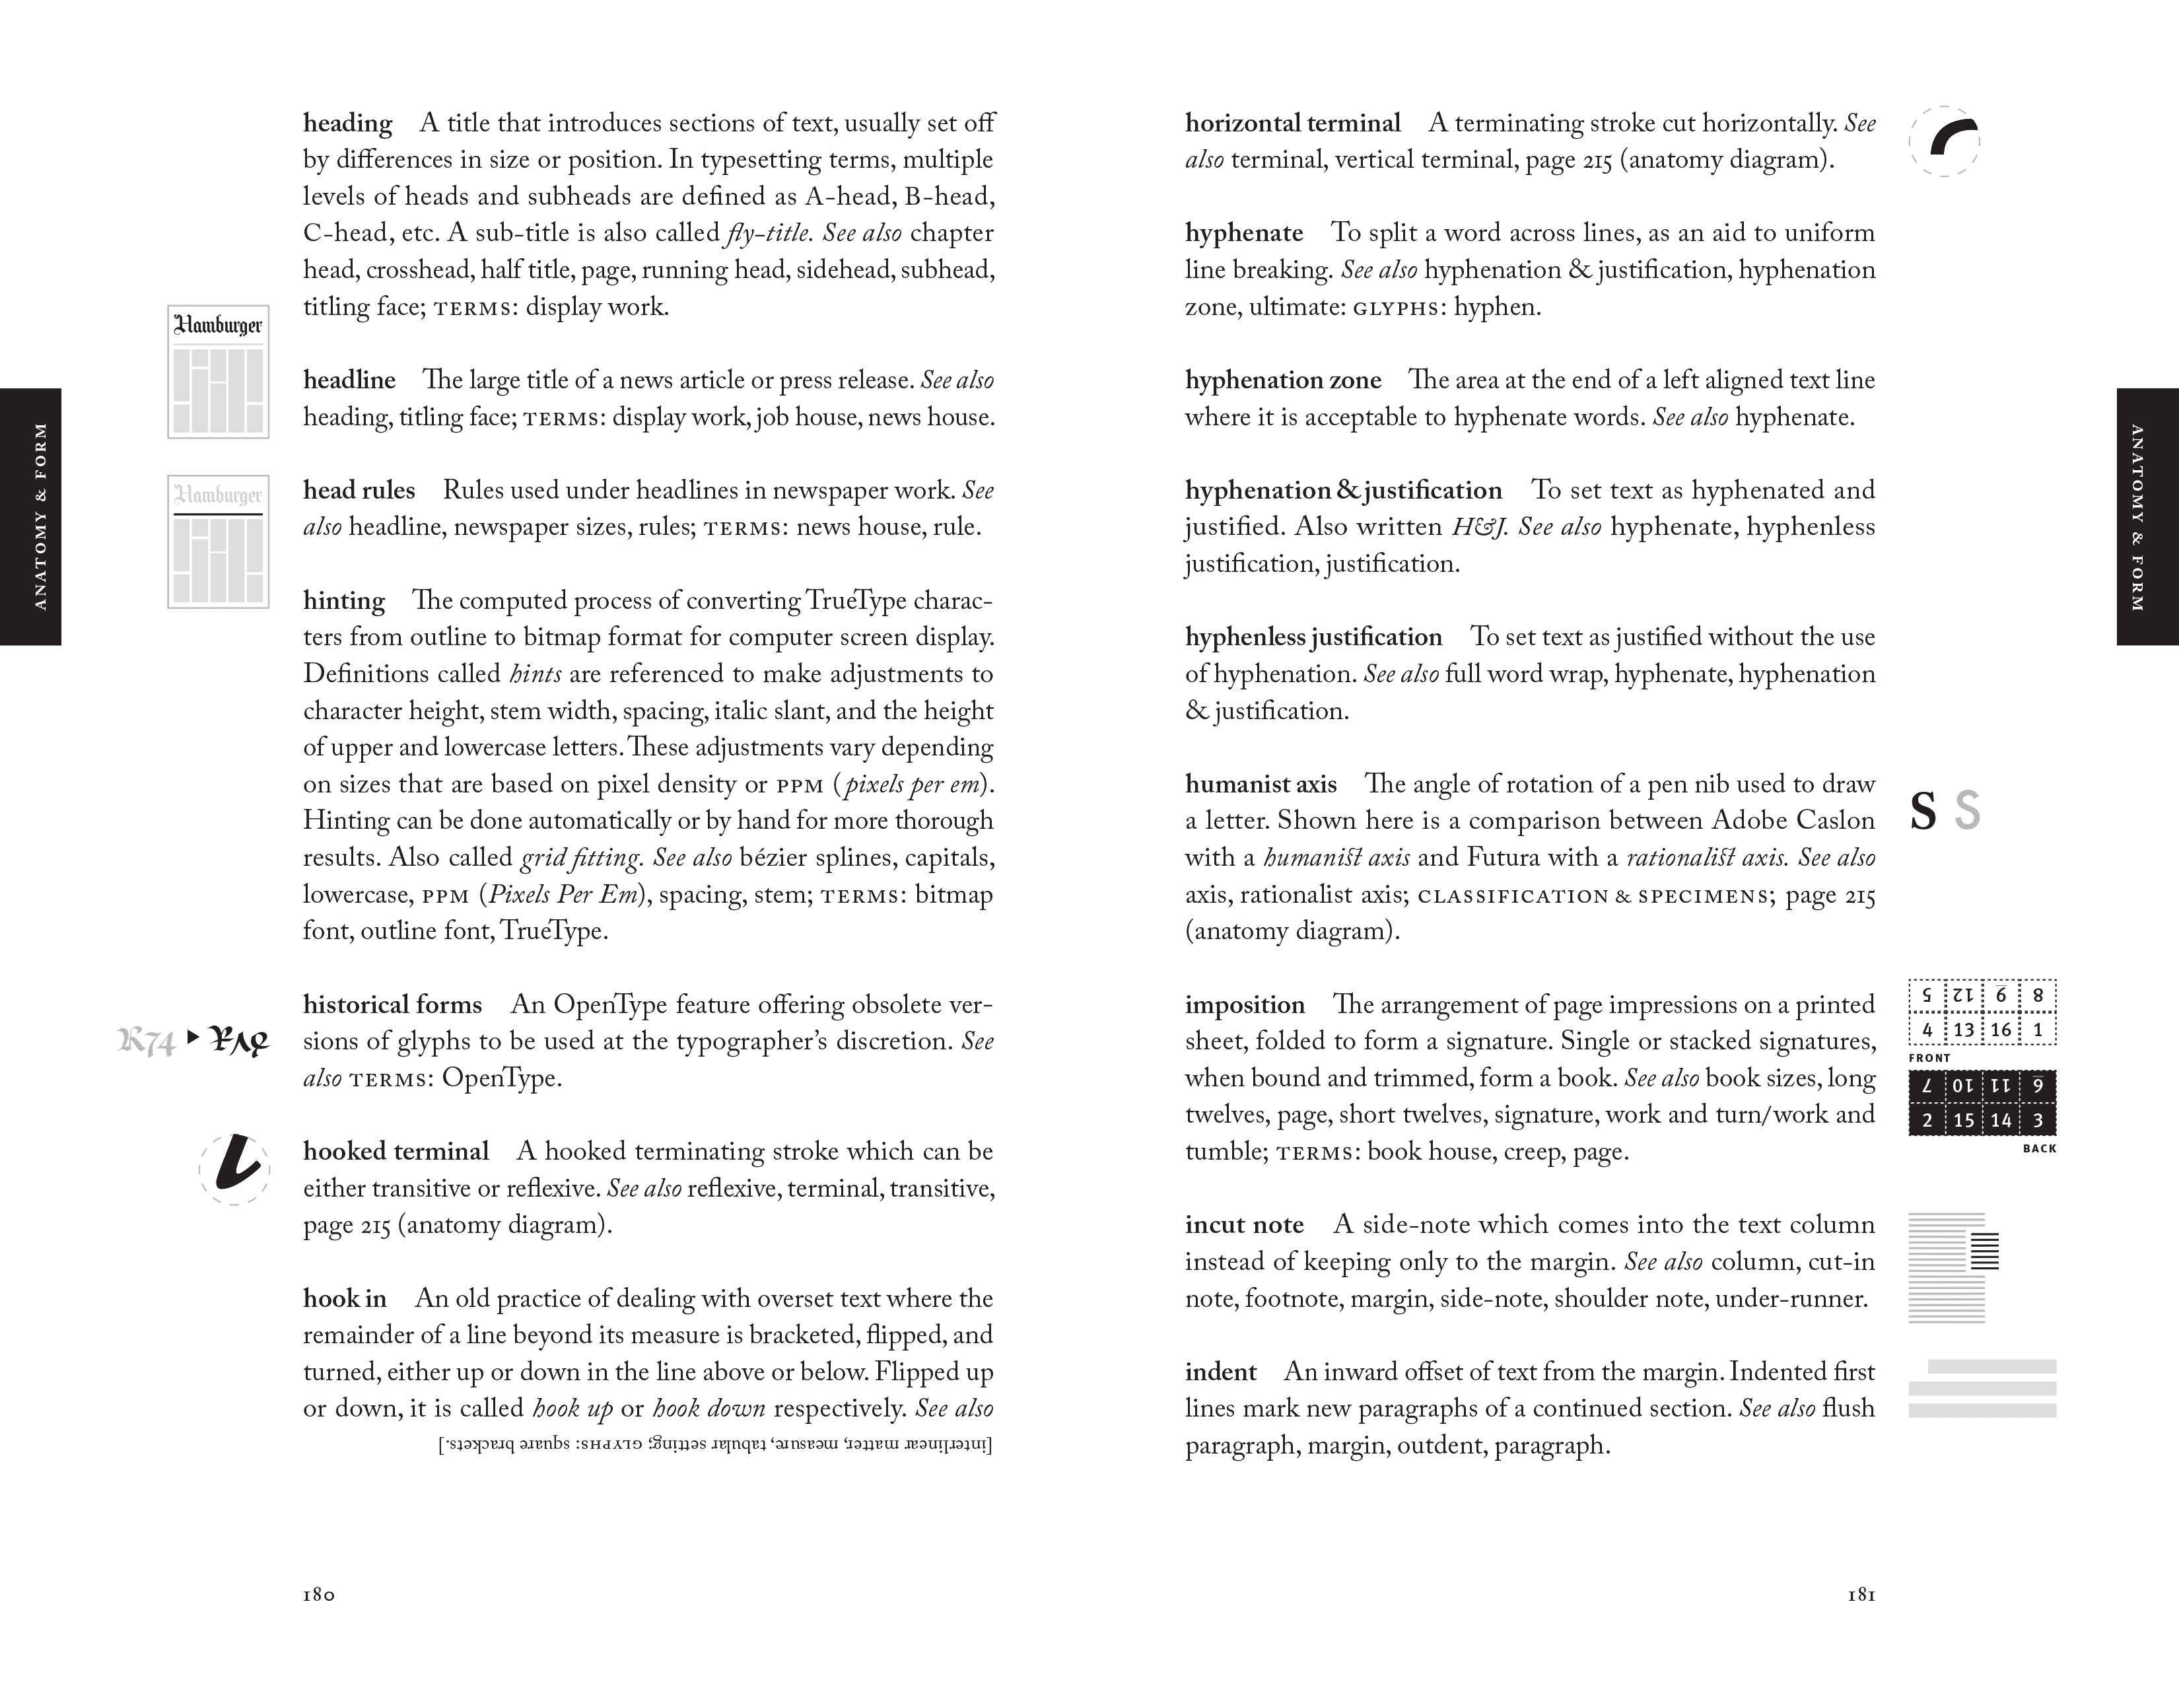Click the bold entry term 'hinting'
click(344, 600)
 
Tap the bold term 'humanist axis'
click(1260, 784)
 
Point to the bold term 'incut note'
click(1244, 1225)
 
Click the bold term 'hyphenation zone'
click(1282, 380)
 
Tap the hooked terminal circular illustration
click(234, 1168)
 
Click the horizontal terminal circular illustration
click(1945, 142)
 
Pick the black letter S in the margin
click(1923, 811)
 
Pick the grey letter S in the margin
click(1966, 811)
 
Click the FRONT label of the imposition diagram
click(1929, 1057)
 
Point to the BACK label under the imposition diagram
click(2039, 1148)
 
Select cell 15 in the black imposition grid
click(1964, 1120)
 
